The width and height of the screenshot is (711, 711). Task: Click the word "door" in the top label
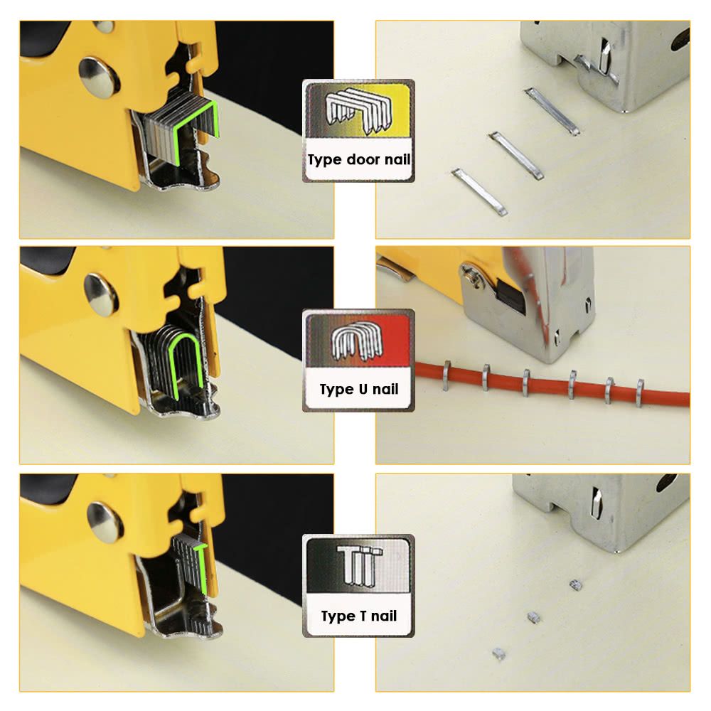point(363,159)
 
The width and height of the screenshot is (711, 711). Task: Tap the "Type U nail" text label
point(358,389)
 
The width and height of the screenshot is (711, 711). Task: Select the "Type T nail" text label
point(358,616)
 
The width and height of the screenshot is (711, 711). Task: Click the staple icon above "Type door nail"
point(358,111)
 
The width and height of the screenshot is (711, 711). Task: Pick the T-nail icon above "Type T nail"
point(359,564)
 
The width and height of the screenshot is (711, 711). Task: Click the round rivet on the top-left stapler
point(98,75)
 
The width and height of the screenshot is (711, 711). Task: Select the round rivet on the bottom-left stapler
point(105,522)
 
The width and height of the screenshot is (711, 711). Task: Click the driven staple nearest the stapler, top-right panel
point(552,112)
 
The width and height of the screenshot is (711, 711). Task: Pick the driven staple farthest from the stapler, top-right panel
point(479,191)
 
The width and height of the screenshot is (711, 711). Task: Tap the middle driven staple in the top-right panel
point(516,156)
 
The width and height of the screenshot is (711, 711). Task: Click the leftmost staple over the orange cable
point(447,375)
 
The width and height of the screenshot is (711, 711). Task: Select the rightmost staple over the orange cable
point(640,392)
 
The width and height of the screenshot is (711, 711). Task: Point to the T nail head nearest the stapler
point(575,585)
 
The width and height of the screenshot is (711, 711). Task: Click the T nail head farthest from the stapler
point(499,653)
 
